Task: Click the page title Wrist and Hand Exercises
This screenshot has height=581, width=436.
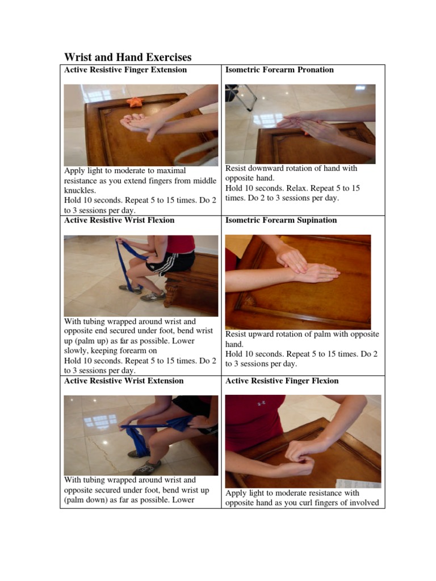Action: pos(128,57)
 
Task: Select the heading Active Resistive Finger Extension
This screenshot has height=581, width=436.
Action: pos(125,70)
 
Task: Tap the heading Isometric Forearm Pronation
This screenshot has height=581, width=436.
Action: pos(279,70)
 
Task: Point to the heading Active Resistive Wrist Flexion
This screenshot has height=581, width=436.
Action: pos(119,220)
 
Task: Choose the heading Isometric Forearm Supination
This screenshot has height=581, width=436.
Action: pos(281,220)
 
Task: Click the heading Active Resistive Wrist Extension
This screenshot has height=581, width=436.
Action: pos(124,381)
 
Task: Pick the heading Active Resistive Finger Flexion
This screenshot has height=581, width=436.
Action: pos(282,381)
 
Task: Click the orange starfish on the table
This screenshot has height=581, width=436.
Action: pos(135,102)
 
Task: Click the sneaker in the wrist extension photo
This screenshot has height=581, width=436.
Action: pos(146,468)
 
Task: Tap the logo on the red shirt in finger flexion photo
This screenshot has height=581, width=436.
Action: pos(261,403)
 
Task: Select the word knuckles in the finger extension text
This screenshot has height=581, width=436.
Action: pos(80,191)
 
